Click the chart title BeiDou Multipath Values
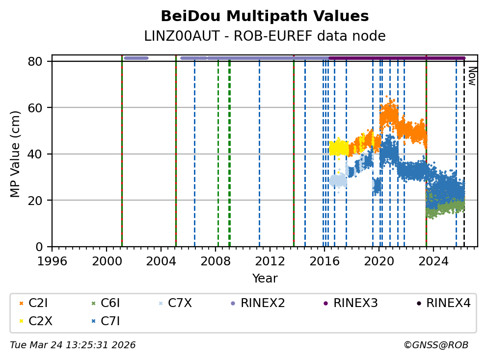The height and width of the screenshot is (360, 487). click(x=265, y=17)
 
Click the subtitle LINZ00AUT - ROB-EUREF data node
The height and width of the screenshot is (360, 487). click(x=265, y=36)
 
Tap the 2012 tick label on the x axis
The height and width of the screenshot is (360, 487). click(x=270, y=260)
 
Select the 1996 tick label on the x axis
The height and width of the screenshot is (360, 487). click(x=52, y=260)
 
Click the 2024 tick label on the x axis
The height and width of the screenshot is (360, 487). click(x=433, y=260)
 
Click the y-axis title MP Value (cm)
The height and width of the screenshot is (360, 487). click(x=15, y=154)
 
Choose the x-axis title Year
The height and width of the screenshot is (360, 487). click(x=265, y=279)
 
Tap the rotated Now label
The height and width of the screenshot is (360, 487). click(x=472, y=76)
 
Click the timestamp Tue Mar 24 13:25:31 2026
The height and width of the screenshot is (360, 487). click(x=73, y=345)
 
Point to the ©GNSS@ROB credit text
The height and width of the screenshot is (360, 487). click(x=436, y=345)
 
